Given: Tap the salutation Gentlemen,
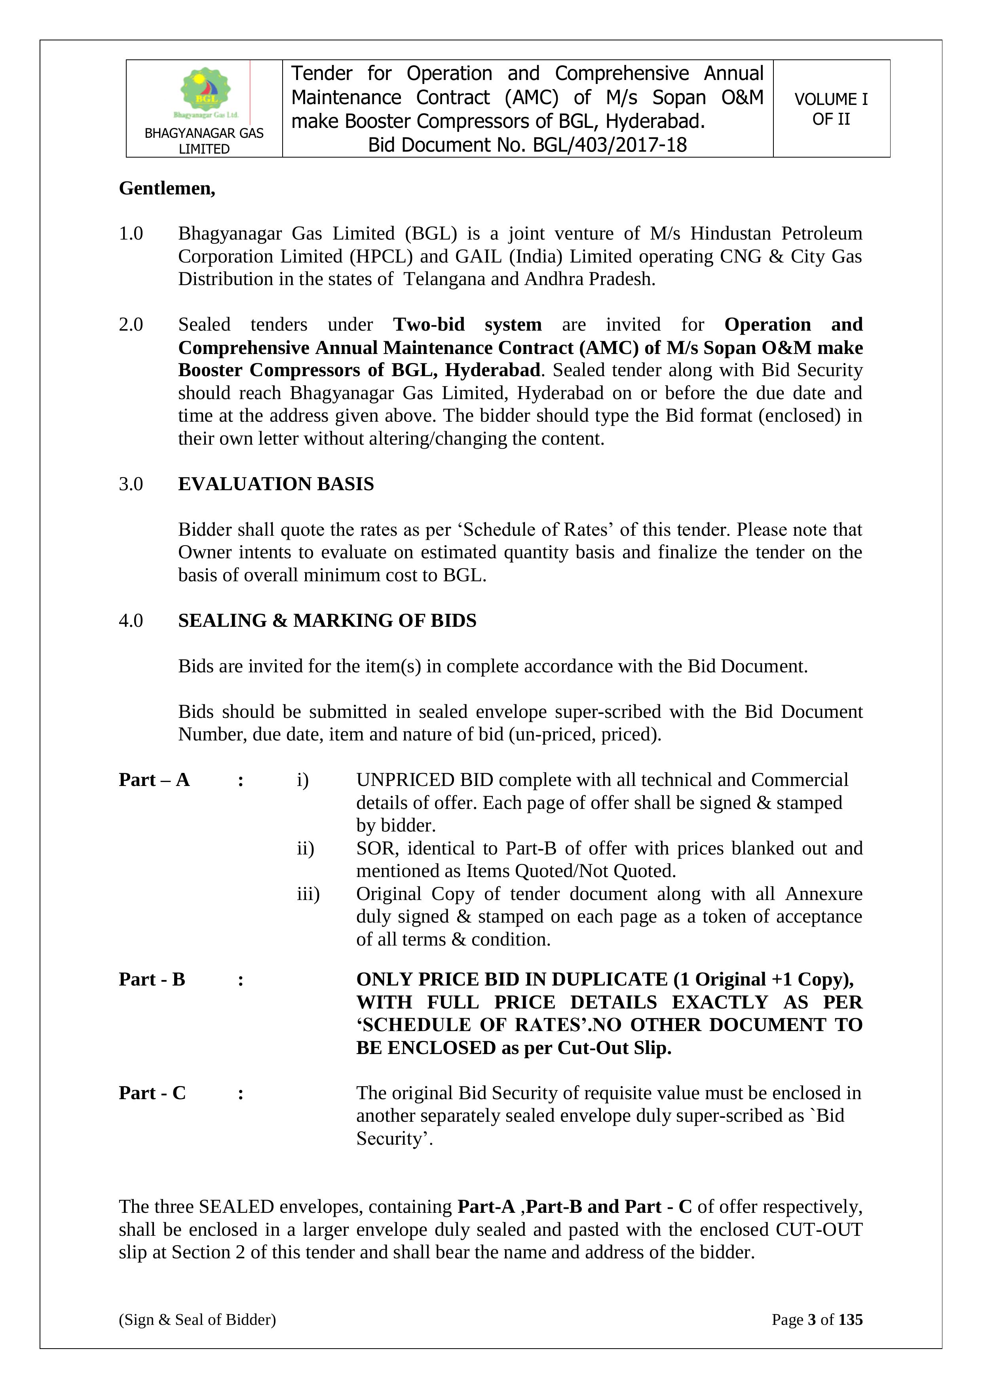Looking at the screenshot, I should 167,189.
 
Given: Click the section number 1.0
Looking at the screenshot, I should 131,234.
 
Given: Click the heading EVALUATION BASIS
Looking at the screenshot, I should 276,484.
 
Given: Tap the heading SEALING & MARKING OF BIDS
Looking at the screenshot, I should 327,621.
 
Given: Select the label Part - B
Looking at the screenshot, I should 152,980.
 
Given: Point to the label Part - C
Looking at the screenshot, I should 152,1093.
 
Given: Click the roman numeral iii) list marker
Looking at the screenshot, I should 308,894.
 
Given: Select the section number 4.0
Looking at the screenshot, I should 131,621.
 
